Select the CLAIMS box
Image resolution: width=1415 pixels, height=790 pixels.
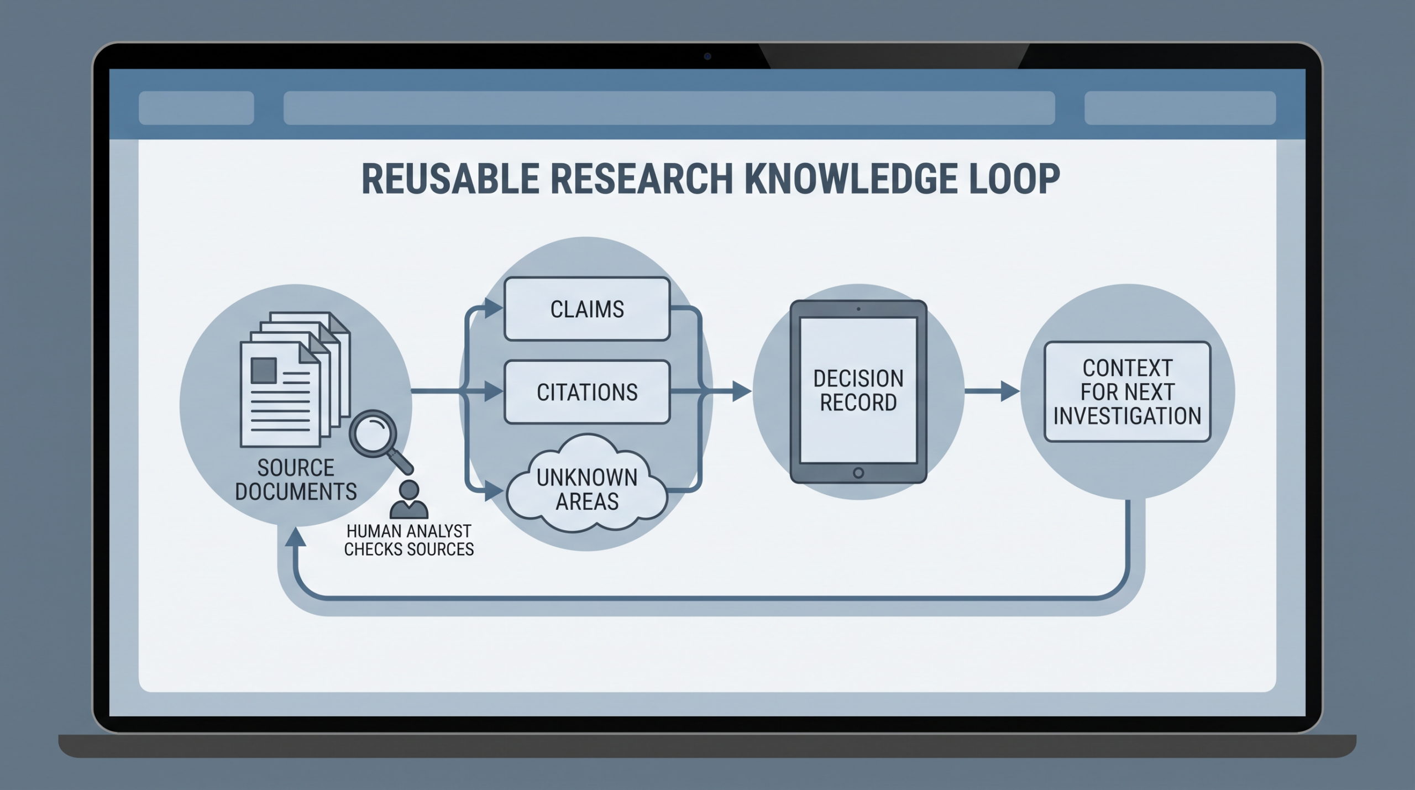pyautogui.click(x=587, y=308)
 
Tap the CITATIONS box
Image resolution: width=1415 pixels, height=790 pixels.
pyautogui.click(x=587, y=392)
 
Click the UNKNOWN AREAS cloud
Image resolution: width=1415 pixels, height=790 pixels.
pyautogui.click(x=587, y=484)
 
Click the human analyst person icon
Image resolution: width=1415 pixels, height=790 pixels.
pyautogui.click(x=408, y=499)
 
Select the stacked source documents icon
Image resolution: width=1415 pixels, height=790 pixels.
pyautogui.click(x=295, y=380)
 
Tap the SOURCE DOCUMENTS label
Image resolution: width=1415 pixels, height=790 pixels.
pyautogui.click(x=296, y=479)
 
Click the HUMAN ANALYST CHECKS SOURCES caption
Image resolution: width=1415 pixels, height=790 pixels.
pyautogui.click(x=409, y=540)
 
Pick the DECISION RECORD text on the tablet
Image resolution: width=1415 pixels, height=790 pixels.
pyautogui.click(x=858, y=390)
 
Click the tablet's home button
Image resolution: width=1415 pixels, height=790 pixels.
pyautogui.click(x=858, y=473)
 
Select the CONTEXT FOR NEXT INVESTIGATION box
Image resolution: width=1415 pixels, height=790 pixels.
pyautogui.click(x=1128, y=391)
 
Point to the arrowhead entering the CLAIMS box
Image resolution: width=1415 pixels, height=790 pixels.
pyautogui.click(x=493, y=308)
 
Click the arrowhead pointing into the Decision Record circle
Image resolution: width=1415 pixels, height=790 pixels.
pyautogui.click(x=742, y=391)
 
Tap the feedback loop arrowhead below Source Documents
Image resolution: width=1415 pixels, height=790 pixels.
pyautogui.click(x=295, y=537)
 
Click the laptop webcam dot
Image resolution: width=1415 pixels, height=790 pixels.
pyautogui.click(x=707, y=56)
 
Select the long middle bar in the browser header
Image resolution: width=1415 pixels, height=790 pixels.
pyautogui.click(x=669, y=108)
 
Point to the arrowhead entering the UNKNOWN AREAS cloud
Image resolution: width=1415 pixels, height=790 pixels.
pyautogui.click(x=494, y=490)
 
